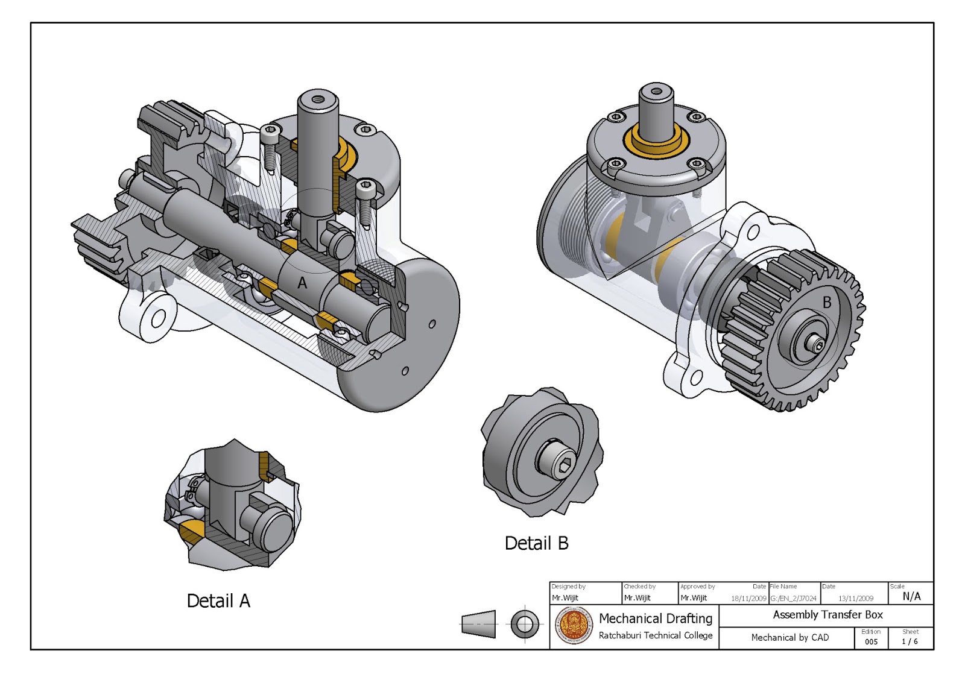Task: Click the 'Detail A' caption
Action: click(218, 601)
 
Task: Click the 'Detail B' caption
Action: click(536, 544)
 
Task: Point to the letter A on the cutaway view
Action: click(302, 283)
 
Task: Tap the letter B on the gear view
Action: click(827, 303)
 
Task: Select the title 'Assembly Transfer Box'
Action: click(827, 615)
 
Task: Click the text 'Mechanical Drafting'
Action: click(655, 619)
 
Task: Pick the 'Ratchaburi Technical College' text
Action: click(655, 635)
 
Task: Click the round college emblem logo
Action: click(574, 626)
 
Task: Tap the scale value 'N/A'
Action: click(911, 596)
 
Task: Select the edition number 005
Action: click(871, 641)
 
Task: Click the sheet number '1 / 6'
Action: click(910, 641)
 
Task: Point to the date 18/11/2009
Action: click(748, 599)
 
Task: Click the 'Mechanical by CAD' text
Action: click(789, 638)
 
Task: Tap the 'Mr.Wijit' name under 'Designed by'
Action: click(565, 598)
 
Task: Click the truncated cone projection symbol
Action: click(479, 624)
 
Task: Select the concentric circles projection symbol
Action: click(524, 624)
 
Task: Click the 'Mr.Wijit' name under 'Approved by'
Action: click(694, 598)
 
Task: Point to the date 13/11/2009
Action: click(855, 599)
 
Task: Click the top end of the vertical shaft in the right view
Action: click(657, 92)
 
